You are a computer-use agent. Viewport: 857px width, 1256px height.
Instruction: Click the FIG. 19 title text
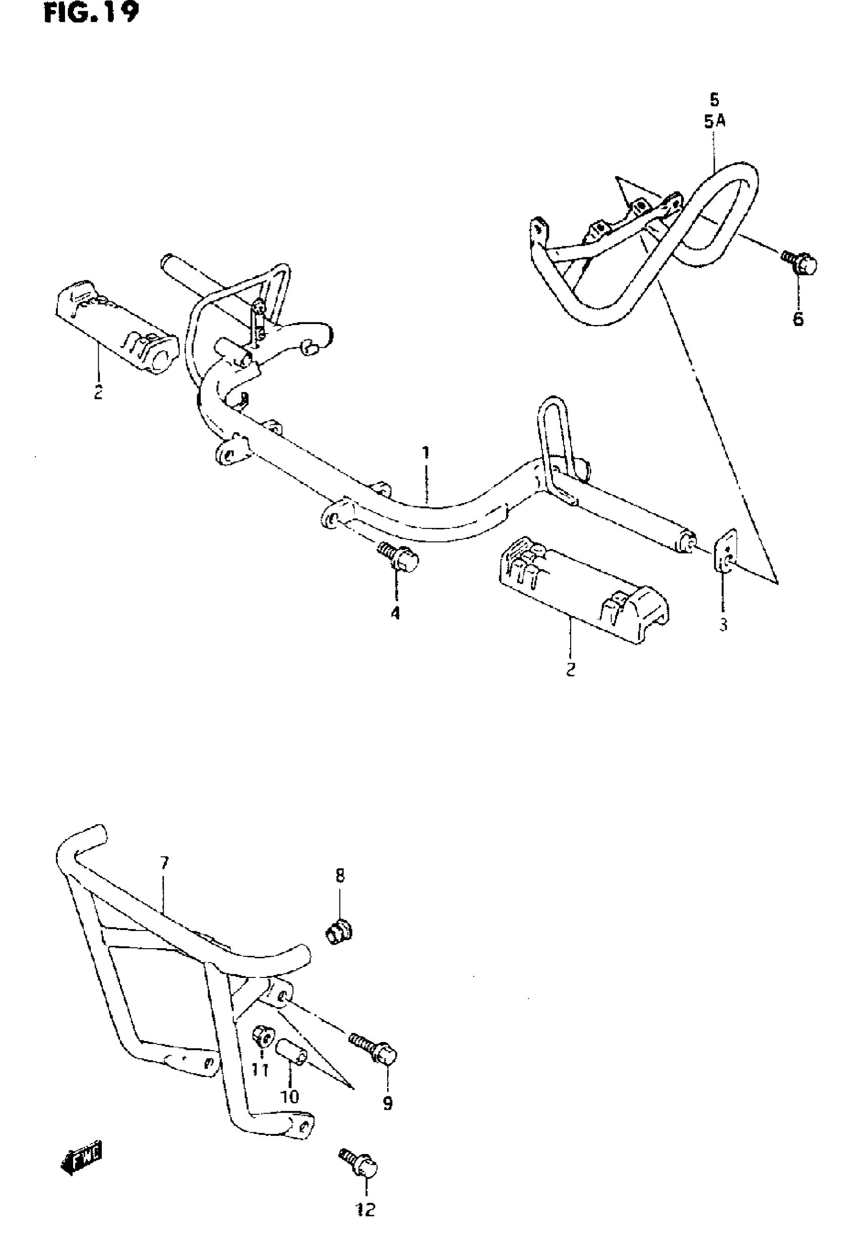[91, 13]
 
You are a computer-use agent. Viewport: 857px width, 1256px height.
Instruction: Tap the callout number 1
[425, 452]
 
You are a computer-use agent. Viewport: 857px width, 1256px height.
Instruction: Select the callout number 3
[723, 625]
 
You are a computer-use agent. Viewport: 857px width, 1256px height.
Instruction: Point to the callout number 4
[396, 613]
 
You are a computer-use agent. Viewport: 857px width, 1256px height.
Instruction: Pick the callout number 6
[798, 319]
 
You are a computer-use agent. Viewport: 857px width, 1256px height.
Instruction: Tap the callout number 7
[165, 862]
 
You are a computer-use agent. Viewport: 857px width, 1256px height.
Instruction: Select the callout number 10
[289, 1097]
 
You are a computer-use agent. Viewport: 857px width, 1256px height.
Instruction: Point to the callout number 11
[260, 1070]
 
